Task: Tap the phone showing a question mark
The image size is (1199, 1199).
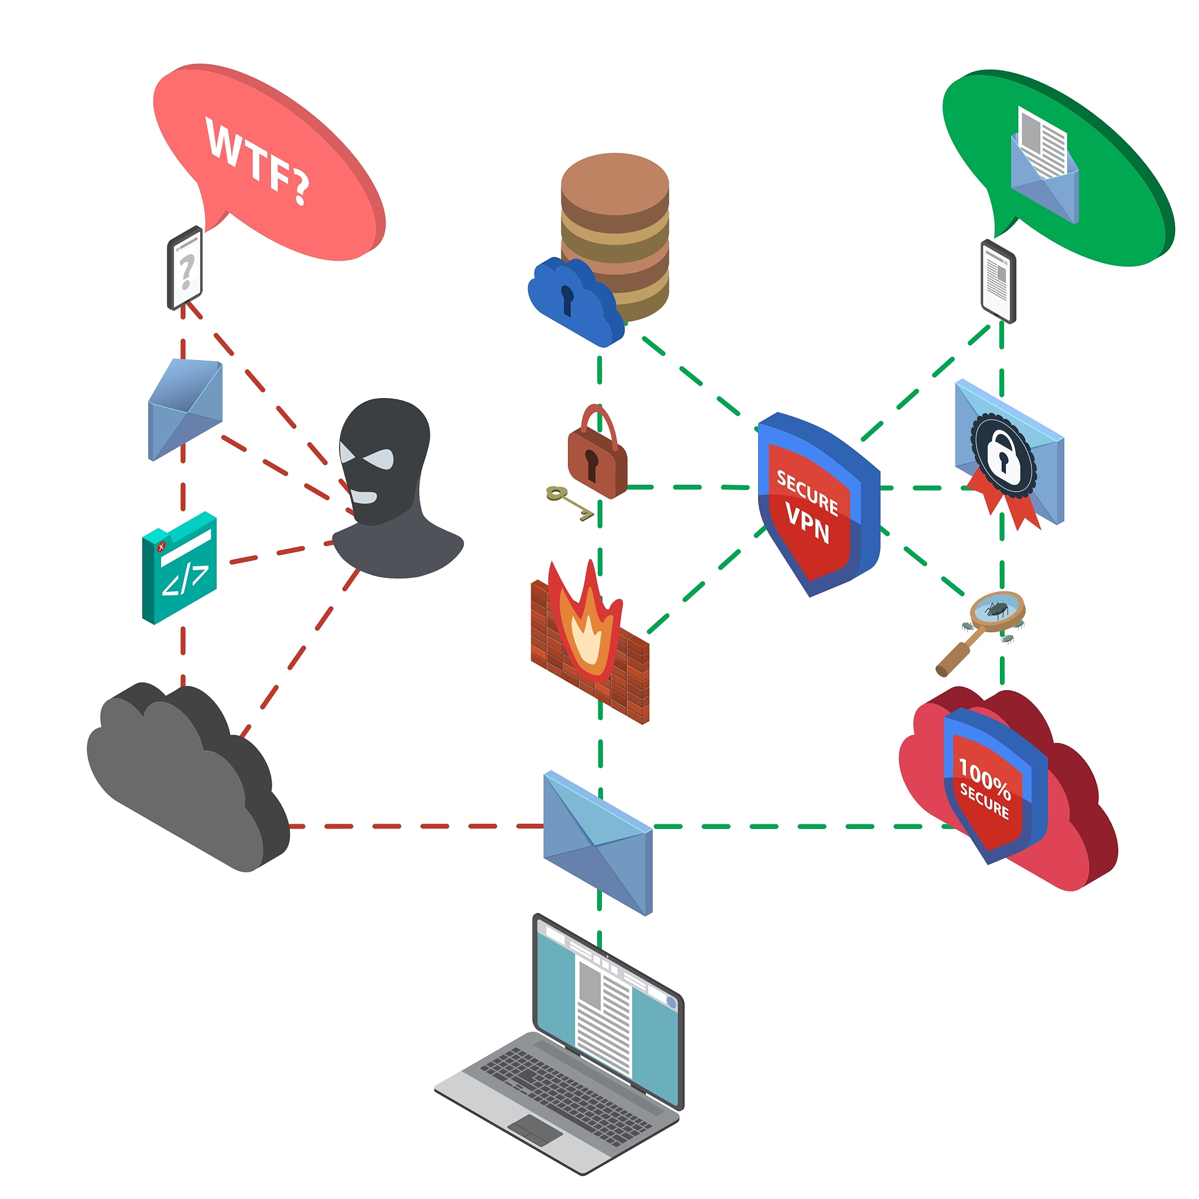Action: pyautogui.click(x=185, y=268)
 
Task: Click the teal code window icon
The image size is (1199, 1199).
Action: pyautogui.click(x=179, y=568)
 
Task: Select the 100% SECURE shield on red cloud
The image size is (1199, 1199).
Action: pyautogui.click(x=990, y=785)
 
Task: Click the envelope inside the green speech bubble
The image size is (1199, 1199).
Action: pyautogui.click(x=1044, y=166)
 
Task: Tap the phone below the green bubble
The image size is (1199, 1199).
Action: pyautogui.click(x=998, y=281)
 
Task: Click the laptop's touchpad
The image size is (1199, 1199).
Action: pyautogui.click(x=535, y=1130)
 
